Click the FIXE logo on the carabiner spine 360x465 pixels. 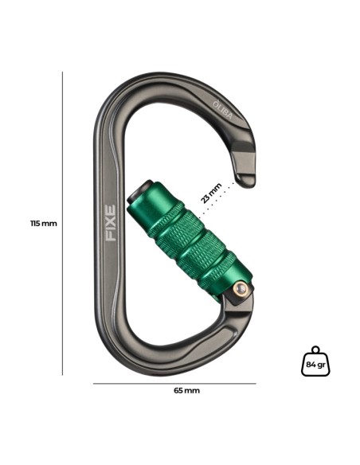tap(111, 223)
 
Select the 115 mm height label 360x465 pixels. tap(43, 224)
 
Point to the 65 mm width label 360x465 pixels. tap(186, 391)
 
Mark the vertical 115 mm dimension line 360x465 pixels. tap(62, 223)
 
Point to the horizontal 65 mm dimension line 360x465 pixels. tap(174, 384)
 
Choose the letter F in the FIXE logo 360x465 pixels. tap(111, 236)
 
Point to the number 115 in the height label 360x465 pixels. tap(37, 224)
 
